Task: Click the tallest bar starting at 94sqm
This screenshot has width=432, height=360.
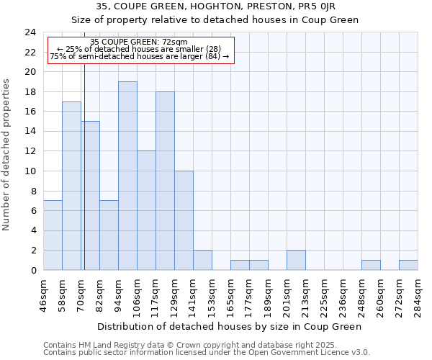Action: [x=127, y=176]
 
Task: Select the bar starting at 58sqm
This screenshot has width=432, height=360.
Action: [x=71, y=186]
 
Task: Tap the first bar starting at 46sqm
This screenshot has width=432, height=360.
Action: [x=53, y=235]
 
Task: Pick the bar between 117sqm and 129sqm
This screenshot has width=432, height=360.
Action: [x=165, y=181]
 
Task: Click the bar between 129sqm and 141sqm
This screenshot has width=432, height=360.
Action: [x=184, y=220]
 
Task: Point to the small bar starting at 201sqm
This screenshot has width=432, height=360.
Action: [x=296, y=260]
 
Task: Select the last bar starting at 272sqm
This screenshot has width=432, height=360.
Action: [x=408, y=265]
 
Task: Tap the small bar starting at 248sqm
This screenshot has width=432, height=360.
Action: [x=371, y=265]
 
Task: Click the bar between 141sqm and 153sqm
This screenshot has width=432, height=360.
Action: [x=202, y=260]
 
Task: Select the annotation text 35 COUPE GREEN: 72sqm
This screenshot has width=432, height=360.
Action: [x=139, y=42]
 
